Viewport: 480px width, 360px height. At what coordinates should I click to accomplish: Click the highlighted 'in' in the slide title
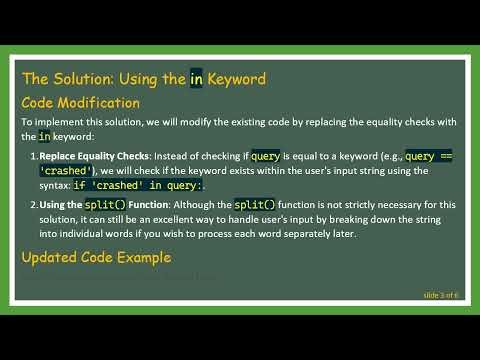(198, 77)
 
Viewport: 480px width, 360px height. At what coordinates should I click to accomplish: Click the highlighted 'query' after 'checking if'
(265, 157)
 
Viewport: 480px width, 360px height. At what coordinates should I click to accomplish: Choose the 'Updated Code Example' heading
(96, 258)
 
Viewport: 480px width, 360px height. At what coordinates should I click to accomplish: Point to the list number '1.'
(33, 157)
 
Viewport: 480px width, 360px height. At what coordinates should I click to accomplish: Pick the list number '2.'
(33, 205)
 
